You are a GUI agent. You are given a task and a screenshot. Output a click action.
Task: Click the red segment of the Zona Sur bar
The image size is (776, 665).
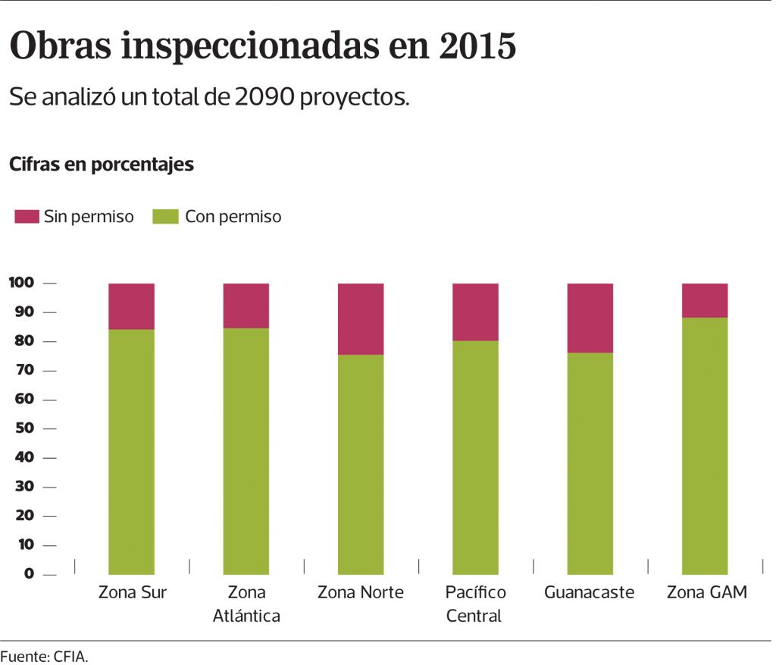(x=131, y=306)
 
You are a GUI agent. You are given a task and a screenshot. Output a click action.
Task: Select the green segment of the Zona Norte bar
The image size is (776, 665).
(x=361, y=464)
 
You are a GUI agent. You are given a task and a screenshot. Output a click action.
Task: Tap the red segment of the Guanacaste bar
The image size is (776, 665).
(x=590, y=318)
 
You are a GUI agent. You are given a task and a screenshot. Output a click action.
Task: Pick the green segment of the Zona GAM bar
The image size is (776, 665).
(x=705, y=445)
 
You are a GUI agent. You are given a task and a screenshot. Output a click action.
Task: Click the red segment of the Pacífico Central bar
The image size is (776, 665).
(x=475, y=312)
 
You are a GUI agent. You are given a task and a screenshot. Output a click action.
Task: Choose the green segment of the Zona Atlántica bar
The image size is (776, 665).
(x=246, y=451)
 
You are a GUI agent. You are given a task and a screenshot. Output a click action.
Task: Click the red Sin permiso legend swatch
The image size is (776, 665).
(x=27, y=217)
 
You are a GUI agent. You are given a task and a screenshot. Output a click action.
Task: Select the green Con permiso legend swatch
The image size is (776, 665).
(x=164, y=217)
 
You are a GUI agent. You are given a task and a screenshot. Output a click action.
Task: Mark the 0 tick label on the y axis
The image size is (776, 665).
(x=29, y=574)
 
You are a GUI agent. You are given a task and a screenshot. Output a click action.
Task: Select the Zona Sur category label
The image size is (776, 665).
(x=132, y=592)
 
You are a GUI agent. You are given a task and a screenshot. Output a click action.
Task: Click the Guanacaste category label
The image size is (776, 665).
(x=589, y=592)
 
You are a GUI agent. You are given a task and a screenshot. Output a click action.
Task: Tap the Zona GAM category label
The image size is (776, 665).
(x=706, y=592)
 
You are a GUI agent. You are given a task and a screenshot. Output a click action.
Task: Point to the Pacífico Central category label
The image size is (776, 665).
(x=474, y=604)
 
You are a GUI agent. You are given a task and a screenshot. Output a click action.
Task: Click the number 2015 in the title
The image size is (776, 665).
(x=477, y=47)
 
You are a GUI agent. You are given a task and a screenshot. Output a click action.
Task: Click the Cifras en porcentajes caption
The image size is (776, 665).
(x=102, y=165)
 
